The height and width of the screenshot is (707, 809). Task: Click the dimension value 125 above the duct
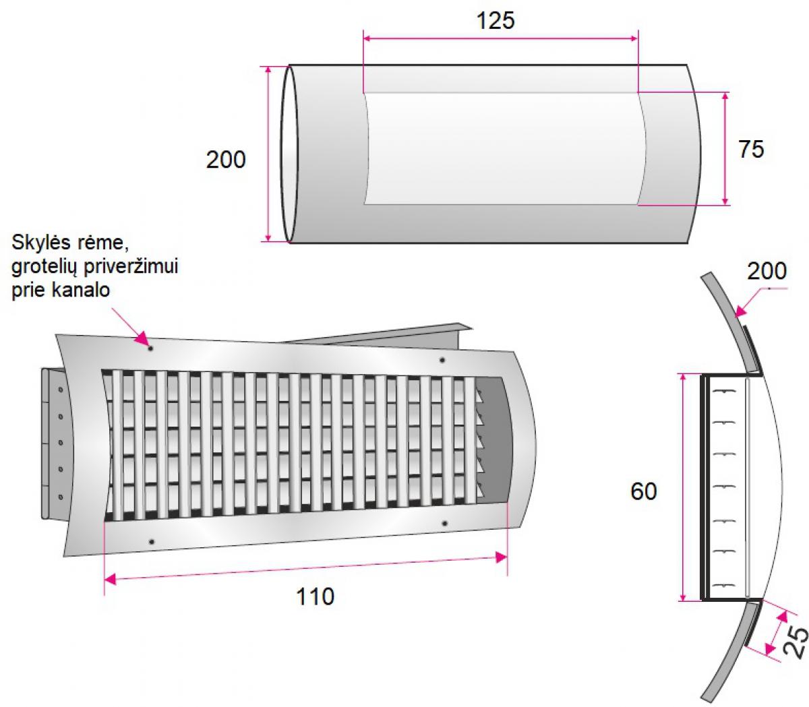(496, 21)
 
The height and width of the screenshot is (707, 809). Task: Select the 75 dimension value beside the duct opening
(751, 150)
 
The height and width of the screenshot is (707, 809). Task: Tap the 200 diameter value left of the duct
(226, 160)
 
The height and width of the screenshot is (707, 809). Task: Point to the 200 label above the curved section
(767, 271)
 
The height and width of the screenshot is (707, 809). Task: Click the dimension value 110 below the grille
(315, 596)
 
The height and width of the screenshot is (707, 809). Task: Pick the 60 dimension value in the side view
(643, 491)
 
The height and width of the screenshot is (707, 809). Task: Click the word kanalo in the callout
(80, 290)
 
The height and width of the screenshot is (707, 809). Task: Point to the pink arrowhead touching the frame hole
(142, 338)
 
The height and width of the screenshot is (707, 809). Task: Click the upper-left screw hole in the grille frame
(150, 348)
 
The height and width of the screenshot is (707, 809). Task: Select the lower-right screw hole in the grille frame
(445, 523)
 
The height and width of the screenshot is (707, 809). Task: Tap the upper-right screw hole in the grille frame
(442, 360)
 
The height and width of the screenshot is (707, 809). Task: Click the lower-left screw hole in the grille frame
(152, 541)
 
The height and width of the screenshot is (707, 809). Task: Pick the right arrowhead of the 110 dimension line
(502, 558)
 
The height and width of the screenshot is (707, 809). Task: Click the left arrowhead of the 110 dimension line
(110, 580)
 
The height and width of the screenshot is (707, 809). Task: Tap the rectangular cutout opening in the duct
(504, 148)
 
